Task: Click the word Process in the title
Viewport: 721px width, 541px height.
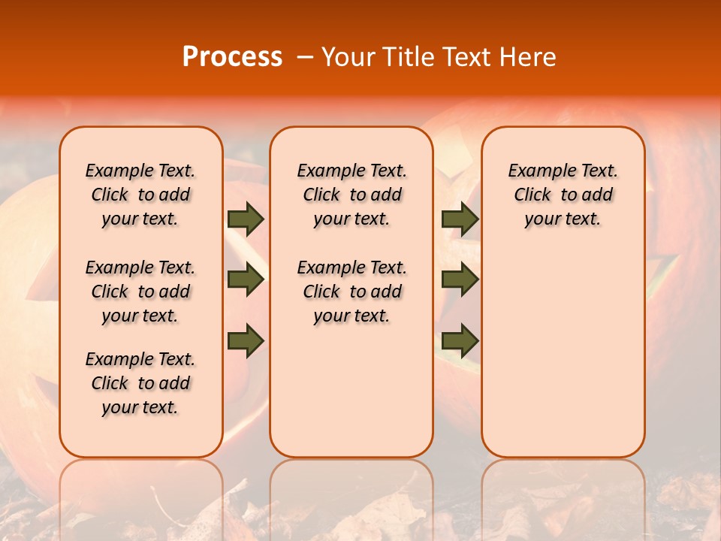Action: coord(232,57)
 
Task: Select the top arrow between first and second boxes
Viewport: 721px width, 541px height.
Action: coord(246,219)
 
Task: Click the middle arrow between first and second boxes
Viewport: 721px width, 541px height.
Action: coord(246,280)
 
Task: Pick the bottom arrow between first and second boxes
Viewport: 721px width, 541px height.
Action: coord(246,341)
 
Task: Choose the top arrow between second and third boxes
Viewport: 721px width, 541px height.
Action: coord(460,219)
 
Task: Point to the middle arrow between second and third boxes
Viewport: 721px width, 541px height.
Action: coord(460,280)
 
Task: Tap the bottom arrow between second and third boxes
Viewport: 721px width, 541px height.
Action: coord(460,341)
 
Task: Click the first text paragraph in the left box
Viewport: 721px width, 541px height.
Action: coord(140,195)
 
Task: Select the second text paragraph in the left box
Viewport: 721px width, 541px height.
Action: coord(140,292)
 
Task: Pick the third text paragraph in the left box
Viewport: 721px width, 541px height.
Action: coord(140,383)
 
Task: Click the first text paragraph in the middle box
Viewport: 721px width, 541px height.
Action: coord(351,195)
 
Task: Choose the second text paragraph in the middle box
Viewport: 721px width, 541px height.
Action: coord(351,292)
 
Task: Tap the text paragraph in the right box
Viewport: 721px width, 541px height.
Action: coord(563,195)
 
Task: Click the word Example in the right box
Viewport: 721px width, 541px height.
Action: coord(536,171)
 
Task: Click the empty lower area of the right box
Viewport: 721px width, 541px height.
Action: coord(563,353)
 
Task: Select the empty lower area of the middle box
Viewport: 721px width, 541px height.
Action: coord(351,391)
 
